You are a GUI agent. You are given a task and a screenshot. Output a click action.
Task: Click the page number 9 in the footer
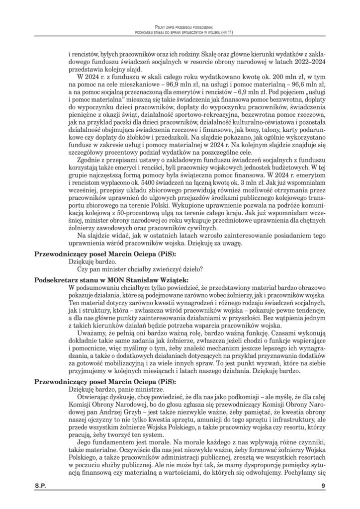pos(322,485)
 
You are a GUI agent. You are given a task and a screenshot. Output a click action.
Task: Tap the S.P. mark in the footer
pos(41,485)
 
